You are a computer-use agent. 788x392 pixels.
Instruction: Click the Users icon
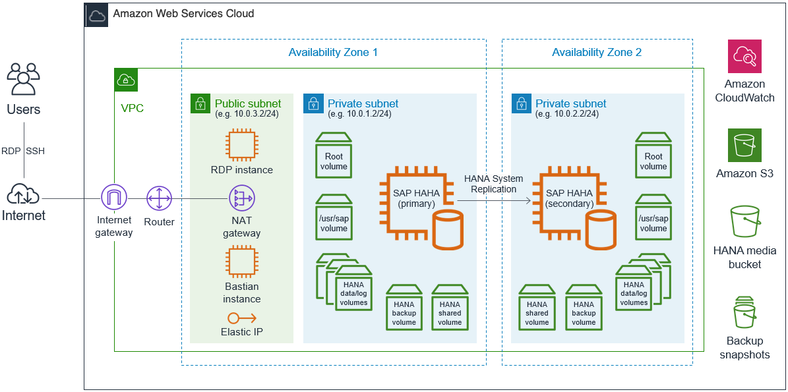[x=24, y=79]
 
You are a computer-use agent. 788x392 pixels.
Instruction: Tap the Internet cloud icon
[x=24, y=194]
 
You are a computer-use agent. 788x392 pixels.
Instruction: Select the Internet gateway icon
[x=113, y=197]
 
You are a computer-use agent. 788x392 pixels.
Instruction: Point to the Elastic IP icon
[x=241, y=318]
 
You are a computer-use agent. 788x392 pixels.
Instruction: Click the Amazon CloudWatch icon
[x=744, y=56]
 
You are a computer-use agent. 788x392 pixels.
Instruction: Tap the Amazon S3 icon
[x=744, y=145]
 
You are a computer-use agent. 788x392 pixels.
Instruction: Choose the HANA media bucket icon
[x=744, y=221]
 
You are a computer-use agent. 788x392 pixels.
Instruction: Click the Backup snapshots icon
[x=744, y=312]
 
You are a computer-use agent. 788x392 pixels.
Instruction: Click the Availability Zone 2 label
[x=597, y=53]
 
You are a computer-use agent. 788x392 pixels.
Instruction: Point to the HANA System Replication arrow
[x=495, y=198]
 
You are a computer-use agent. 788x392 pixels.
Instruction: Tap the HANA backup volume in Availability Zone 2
[x=584, y=308]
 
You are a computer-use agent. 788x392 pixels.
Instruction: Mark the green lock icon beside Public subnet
[x=200, y=103]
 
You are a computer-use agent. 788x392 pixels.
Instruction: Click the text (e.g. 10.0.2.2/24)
[x=567, y=114]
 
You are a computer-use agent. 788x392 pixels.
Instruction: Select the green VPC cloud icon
[x=125, y=79]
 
